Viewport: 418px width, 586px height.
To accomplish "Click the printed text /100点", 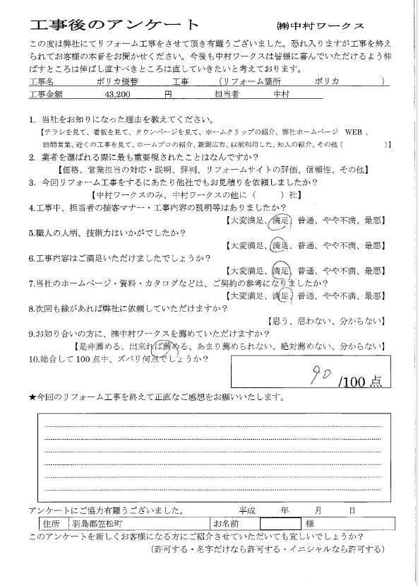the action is [x=360, y=382].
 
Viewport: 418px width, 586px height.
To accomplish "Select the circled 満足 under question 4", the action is [x=281, y=220].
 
